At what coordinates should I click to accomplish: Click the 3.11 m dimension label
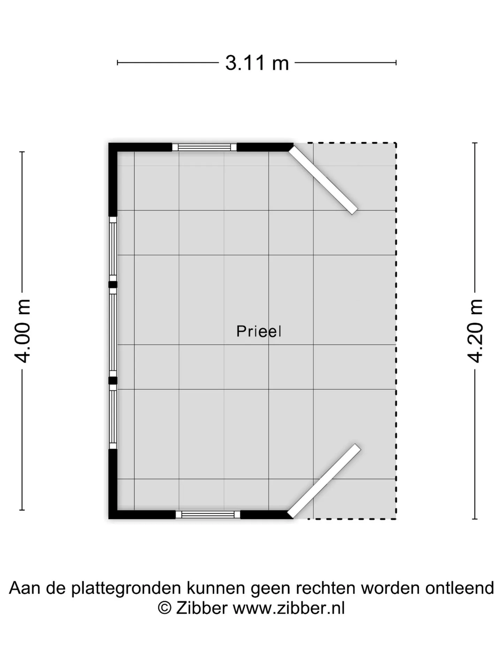257,63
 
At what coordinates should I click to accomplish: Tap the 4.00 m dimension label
23,331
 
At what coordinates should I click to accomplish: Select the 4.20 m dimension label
475,331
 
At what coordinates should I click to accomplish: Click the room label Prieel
259,331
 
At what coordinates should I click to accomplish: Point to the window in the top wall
204,147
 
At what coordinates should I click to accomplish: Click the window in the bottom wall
208,514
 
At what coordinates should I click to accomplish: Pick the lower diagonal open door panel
324,481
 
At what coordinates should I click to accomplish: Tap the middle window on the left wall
113,332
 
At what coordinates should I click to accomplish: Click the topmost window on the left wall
113,249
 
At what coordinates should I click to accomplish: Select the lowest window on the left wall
113,416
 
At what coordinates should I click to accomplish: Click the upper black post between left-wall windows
113,284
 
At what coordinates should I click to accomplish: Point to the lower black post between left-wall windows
113,380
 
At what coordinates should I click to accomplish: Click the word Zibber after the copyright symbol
201,608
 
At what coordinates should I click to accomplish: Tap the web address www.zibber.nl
289,608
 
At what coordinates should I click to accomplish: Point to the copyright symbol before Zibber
165,608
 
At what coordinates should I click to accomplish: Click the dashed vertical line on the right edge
396,331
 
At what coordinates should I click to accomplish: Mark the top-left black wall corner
113,147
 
